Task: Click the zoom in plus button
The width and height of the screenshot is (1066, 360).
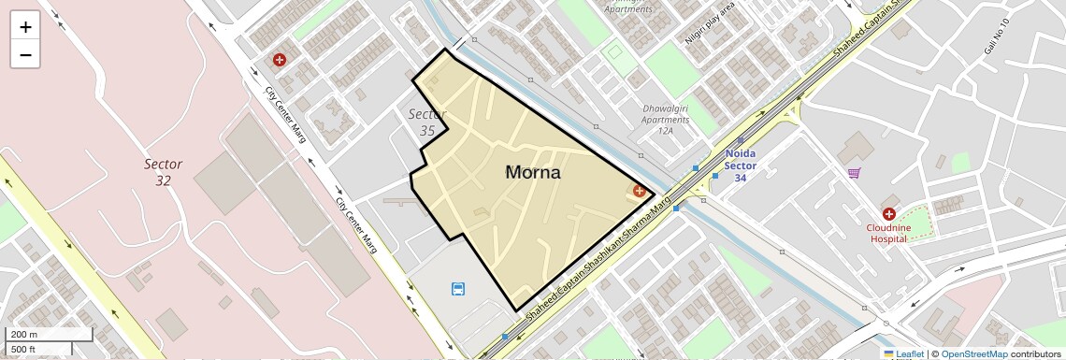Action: point(25,27)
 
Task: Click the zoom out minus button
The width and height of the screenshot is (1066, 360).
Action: point(25,55)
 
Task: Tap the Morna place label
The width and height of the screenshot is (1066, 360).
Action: point(533,173)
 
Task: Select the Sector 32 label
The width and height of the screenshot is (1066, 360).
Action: point(163,172)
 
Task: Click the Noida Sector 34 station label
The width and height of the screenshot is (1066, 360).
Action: point(740,166)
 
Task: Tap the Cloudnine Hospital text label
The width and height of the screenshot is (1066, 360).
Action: point(888,233)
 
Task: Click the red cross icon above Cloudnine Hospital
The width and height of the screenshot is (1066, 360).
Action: point(888,214)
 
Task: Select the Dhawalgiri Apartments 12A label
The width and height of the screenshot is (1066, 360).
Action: point(665,120)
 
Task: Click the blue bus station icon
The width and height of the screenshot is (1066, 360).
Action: point(458,289)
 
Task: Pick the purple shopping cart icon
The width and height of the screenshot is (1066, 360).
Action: point(854,173)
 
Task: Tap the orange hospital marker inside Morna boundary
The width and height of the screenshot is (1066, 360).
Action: point(640,191)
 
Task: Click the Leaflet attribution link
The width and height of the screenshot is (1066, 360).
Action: point(903,354)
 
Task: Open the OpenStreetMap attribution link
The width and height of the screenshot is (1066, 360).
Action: point(973,354)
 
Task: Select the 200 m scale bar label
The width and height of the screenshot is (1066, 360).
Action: point(24,335)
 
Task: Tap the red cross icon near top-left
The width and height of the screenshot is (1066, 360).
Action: point(279,60)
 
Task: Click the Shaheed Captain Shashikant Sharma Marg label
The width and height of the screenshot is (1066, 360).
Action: point(598,262)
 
